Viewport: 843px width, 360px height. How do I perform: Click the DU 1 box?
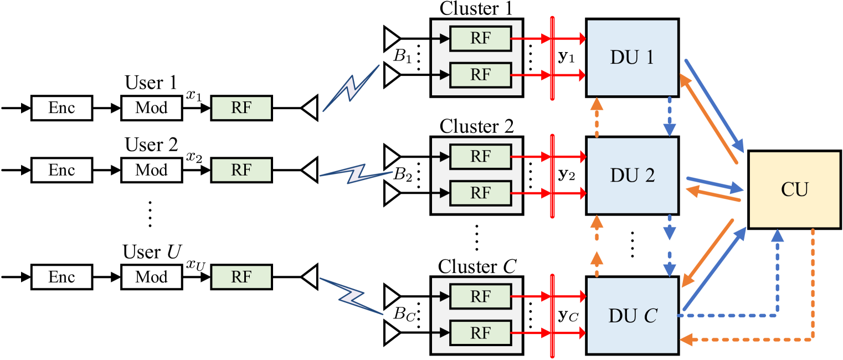tap(632, 58)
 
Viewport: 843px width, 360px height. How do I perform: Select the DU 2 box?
tap(632, 176)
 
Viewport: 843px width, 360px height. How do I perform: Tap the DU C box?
tap(632, 315)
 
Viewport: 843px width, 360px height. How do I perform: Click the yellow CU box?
tap(794, 189)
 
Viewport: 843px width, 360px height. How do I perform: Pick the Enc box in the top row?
tap(61, 108)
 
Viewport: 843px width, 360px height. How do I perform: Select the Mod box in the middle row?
tap(151, 170)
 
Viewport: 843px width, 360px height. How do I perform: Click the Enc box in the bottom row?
tap(61, 277)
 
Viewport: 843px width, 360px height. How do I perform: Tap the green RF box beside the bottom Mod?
tap(241, 277)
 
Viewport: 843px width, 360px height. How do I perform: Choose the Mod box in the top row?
tap(151, 108)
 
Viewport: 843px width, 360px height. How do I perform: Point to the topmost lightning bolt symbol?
tap(351, 89)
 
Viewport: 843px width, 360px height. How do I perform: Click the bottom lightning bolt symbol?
tap(351, 296)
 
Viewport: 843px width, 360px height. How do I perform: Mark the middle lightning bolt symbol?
tap(356, 174)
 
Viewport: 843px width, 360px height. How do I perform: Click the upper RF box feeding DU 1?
tap(480, 39)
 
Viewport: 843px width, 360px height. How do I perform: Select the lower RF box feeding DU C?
tap(480, 332)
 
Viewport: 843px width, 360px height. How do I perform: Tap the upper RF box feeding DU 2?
tap(480, 157)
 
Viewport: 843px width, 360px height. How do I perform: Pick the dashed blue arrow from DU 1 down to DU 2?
tap(670, 116)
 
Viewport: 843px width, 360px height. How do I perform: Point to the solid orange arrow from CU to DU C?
tap(707, 253)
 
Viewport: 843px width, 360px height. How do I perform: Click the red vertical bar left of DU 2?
tap(552, 176)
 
